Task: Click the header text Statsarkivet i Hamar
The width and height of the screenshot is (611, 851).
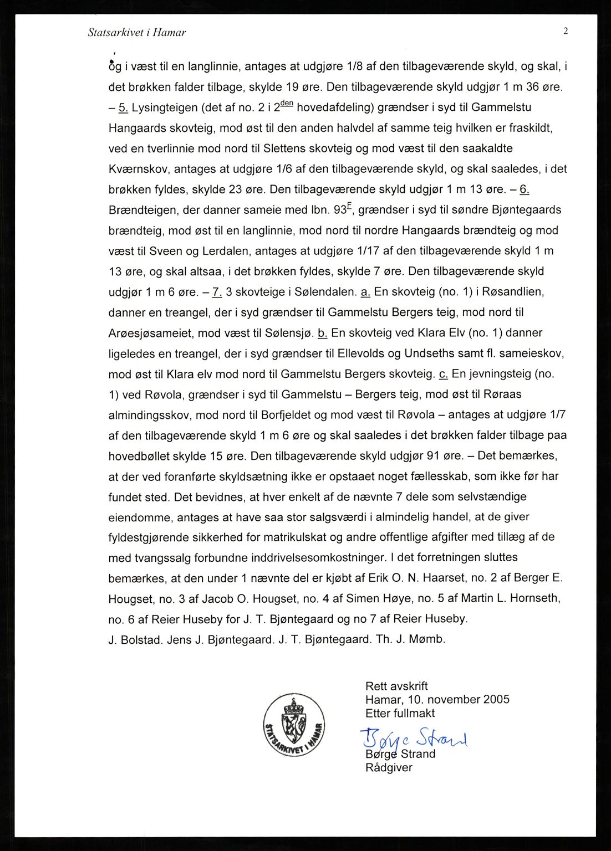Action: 137,33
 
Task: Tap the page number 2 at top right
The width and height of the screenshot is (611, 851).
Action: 566,32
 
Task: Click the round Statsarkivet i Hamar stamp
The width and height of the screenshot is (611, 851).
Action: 294,725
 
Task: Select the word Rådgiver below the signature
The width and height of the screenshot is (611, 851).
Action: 389,768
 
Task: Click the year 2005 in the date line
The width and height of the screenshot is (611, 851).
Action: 496,700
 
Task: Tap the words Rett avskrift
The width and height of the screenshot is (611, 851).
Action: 396,686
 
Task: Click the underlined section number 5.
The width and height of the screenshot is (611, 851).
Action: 123,107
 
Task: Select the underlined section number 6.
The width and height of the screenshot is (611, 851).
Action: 525,189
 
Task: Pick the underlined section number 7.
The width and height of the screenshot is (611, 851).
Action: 217,292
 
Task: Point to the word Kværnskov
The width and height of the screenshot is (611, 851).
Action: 139,169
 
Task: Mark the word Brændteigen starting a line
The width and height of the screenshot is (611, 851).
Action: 143,210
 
